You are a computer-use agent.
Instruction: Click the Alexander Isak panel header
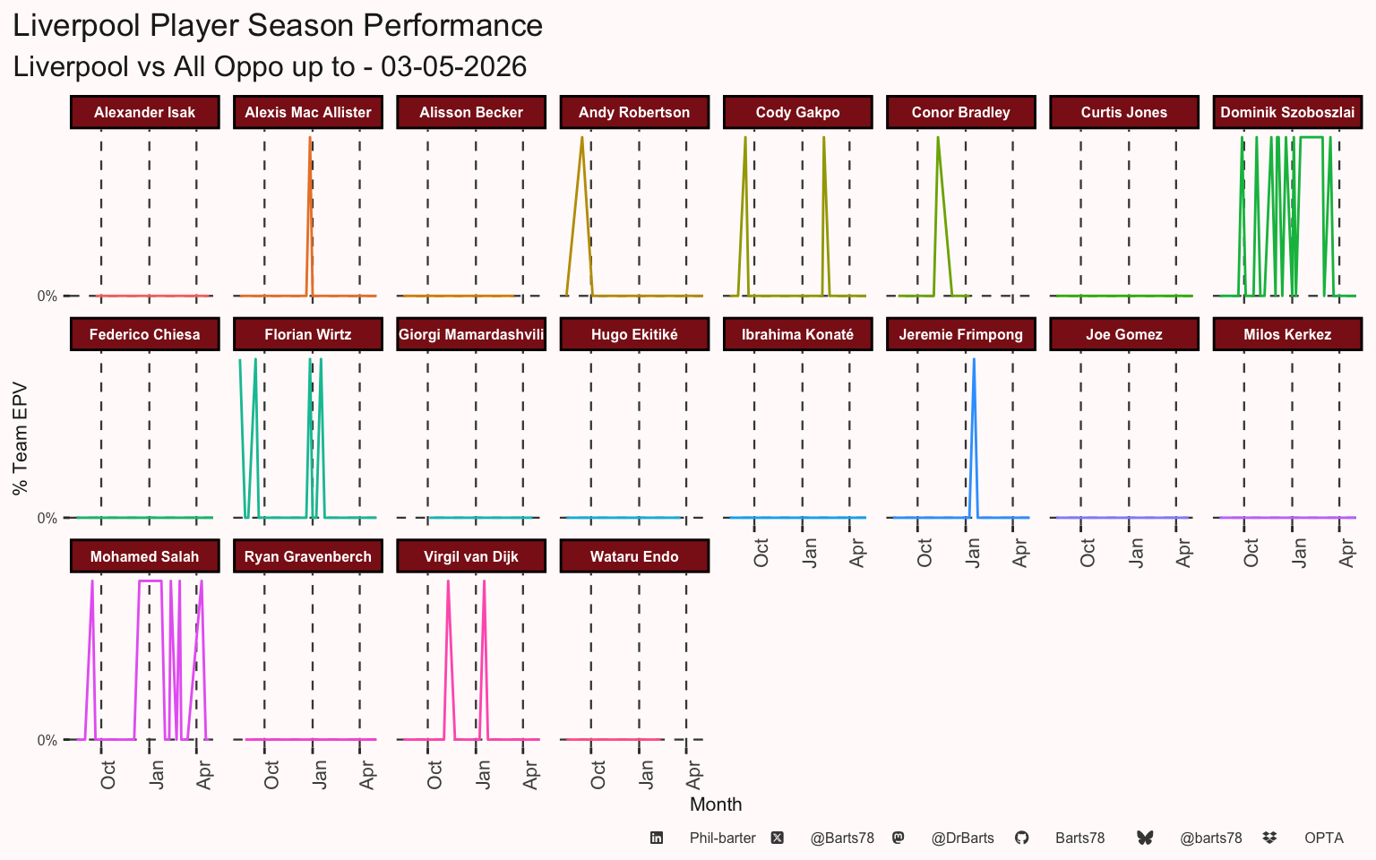click(145, 112)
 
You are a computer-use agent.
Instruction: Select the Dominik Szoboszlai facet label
click(1287, 112)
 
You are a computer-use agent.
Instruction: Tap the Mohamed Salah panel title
click(145, 556)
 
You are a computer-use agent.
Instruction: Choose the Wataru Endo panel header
click(634, 556)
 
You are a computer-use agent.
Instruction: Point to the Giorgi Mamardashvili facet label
click(471, 334)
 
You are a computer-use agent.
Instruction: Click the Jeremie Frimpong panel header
click(960, 334)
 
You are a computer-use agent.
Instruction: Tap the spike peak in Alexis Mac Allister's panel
click(310, 138)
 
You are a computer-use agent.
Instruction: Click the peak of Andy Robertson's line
click(581, 138)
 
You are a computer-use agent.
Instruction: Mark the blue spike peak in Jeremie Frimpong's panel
click(974, 359)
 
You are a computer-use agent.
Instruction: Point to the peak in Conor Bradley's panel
click(938, 138)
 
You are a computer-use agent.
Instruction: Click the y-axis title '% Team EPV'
click(20, 439)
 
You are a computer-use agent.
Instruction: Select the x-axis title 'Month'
click(716, 804)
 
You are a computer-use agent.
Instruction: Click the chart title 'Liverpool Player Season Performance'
click(278, 26)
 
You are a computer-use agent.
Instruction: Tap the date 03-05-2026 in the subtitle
click(453, 66)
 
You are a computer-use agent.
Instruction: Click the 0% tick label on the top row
click(47, 297)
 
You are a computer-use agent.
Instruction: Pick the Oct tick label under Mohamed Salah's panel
click(107, 775)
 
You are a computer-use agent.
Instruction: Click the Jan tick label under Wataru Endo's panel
click(646, 775)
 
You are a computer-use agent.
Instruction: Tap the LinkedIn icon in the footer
click(657, 838)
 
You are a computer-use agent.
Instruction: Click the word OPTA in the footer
click(1324, 838)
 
